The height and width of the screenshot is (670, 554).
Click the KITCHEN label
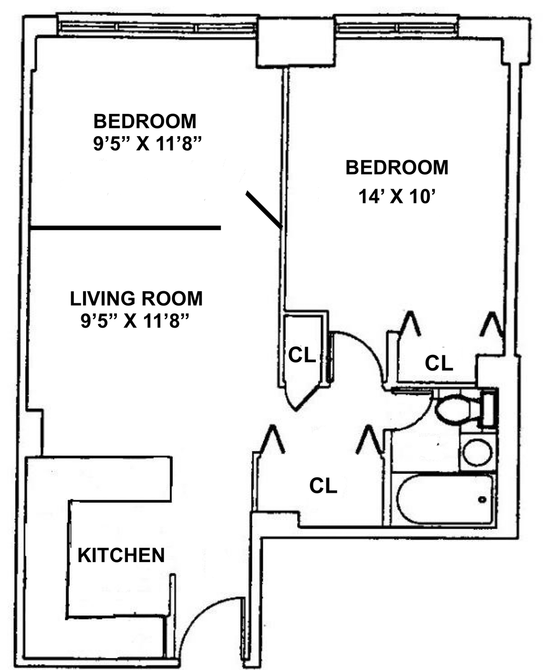pyautogui.click(x=121, y=555)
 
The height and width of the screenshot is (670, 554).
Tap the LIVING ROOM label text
pyautogui.click(x=136, y=299)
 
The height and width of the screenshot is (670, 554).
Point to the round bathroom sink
pyautogui.click(x=476, y=452)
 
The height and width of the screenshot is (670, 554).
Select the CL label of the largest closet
pyautogui.click(x=323, y=485)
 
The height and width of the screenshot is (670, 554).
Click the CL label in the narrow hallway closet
pyautogui.click(x=302, y=355)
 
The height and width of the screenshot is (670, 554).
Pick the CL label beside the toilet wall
pyautogui.click(x=439, y=363)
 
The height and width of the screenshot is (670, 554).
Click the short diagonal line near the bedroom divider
pyautogui.click(x=264, y=209)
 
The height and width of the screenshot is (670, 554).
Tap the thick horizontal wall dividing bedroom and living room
pyautogui.click(x=125, y=227)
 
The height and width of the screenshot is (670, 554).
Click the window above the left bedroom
pyautogui.click(x=157, y=28)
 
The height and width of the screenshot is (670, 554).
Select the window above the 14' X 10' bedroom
pyautogui.click(x=397, y=28)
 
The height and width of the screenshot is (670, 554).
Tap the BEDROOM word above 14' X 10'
pyautogui.click(x=397, y=167)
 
